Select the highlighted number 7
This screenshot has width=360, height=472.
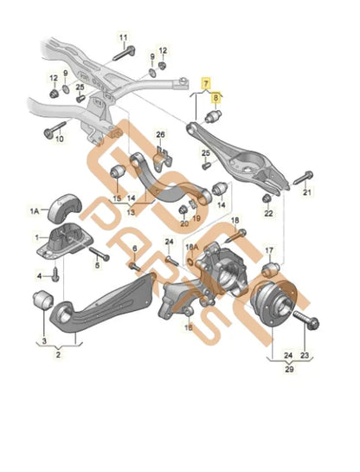(x=206, y=83)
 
